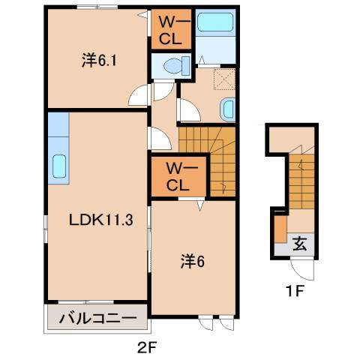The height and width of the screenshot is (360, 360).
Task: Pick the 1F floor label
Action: pos(295,291)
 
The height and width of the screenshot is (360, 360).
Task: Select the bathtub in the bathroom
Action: pos(217,22)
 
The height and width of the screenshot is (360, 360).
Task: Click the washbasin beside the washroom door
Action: pos(228,109)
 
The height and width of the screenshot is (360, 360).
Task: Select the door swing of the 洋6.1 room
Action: pos(139,96)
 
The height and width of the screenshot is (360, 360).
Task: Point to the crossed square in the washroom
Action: pos(224,79)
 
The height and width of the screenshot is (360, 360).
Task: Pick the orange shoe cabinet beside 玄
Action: pos(279,229)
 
